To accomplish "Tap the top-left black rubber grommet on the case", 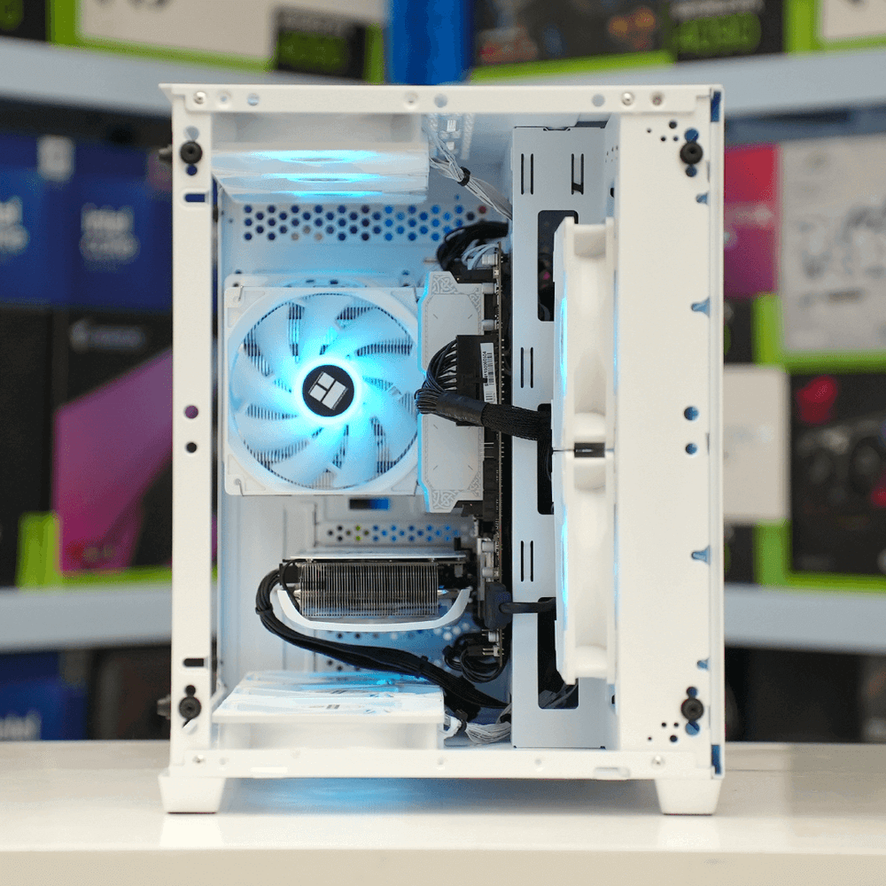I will coord(190,152).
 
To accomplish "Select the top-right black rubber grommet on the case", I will coord(692,152).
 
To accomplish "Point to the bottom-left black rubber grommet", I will coord(189,706).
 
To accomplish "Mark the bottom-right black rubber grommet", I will coord(692,708).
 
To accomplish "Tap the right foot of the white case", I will coord(688,795).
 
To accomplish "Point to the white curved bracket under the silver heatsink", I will coord(372,620).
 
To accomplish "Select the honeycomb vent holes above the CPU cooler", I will coord(354,221).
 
